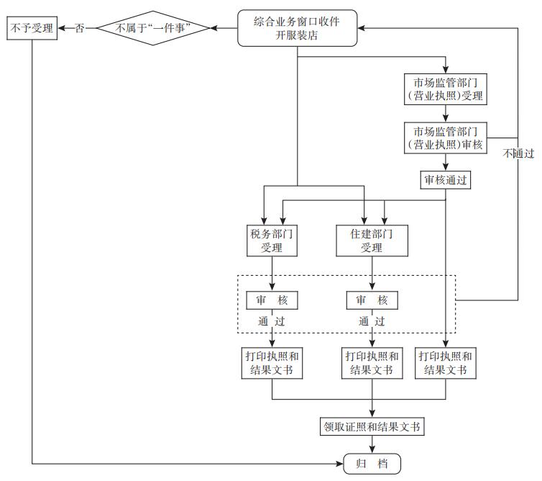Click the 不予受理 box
coord(32,29)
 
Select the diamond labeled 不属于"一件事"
coord(152,29)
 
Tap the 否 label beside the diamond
coord(80,29)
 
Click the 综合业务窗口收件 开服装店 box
coord(297,29)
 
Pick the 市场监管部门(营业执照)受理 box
coord(446,89)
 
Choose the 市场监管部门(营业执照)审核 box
coord(446,138)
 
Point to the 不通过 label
coord(519,153)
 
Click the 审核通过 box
coord(446,180)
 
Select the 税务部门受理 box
coord(272,240)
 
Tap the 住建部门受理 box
coord(372,240)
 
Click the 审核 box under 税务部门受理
coord(272,300)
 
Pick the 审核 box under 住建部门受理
coord(372,300)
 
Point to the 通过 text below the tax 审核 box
coord(272,321)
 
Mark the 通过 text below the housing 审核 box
coord(372,321)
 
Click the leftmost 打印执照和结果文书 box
coord(272,363)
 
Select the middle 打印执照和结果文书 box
coord(372,363)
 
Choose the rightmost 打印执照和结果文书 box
coord(446,363)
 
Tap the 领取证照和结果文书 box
coord(372,426)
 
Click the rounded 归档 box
coord(372,463)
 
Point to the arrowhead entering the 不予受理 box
coord(61,29)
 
